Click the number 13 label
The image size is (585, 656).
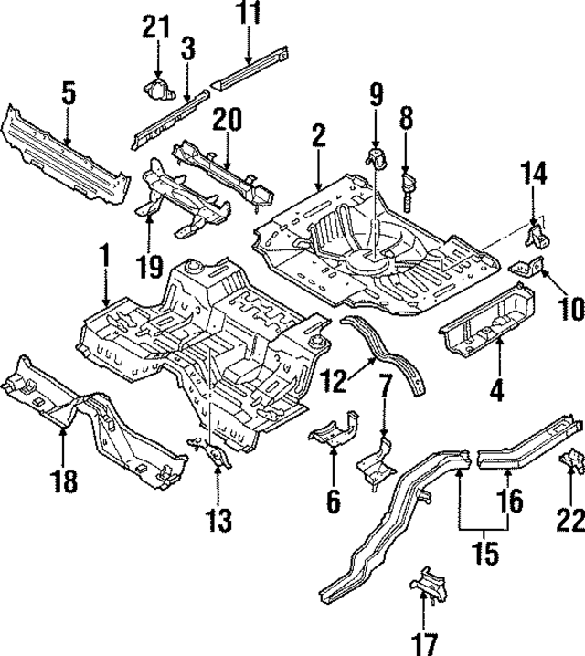(218, 522)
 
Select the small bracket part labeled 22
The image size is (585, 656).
(569, 460)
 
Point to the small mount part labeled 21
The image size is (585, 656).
(157, 90)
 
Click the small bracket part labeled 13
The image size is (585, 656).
(216, 450)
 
